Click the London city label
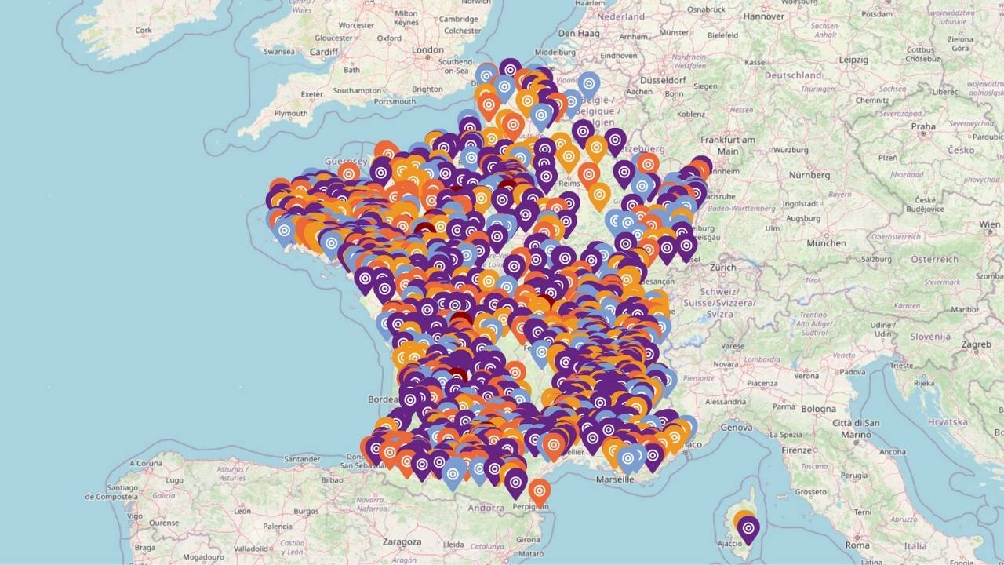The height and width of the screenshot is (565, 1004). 428,50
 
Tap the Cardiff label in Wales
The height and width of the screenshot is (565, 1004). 323,53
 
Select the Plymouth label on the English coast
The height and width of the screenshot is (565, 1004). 291,114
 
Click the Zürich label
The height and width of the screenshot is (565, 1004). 723,267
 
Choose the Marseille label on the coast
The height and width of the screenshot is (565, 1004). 615,479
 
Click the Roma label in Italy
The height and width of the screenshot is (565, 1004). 857,545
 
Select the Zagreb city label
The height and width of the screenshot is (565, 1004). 977,344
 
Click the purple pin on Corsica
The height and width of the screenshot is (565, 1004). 748,530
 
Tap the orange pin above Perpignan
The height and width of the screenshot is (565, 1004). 539,491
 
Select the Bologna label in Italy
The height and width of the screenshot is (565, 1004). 818,409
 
